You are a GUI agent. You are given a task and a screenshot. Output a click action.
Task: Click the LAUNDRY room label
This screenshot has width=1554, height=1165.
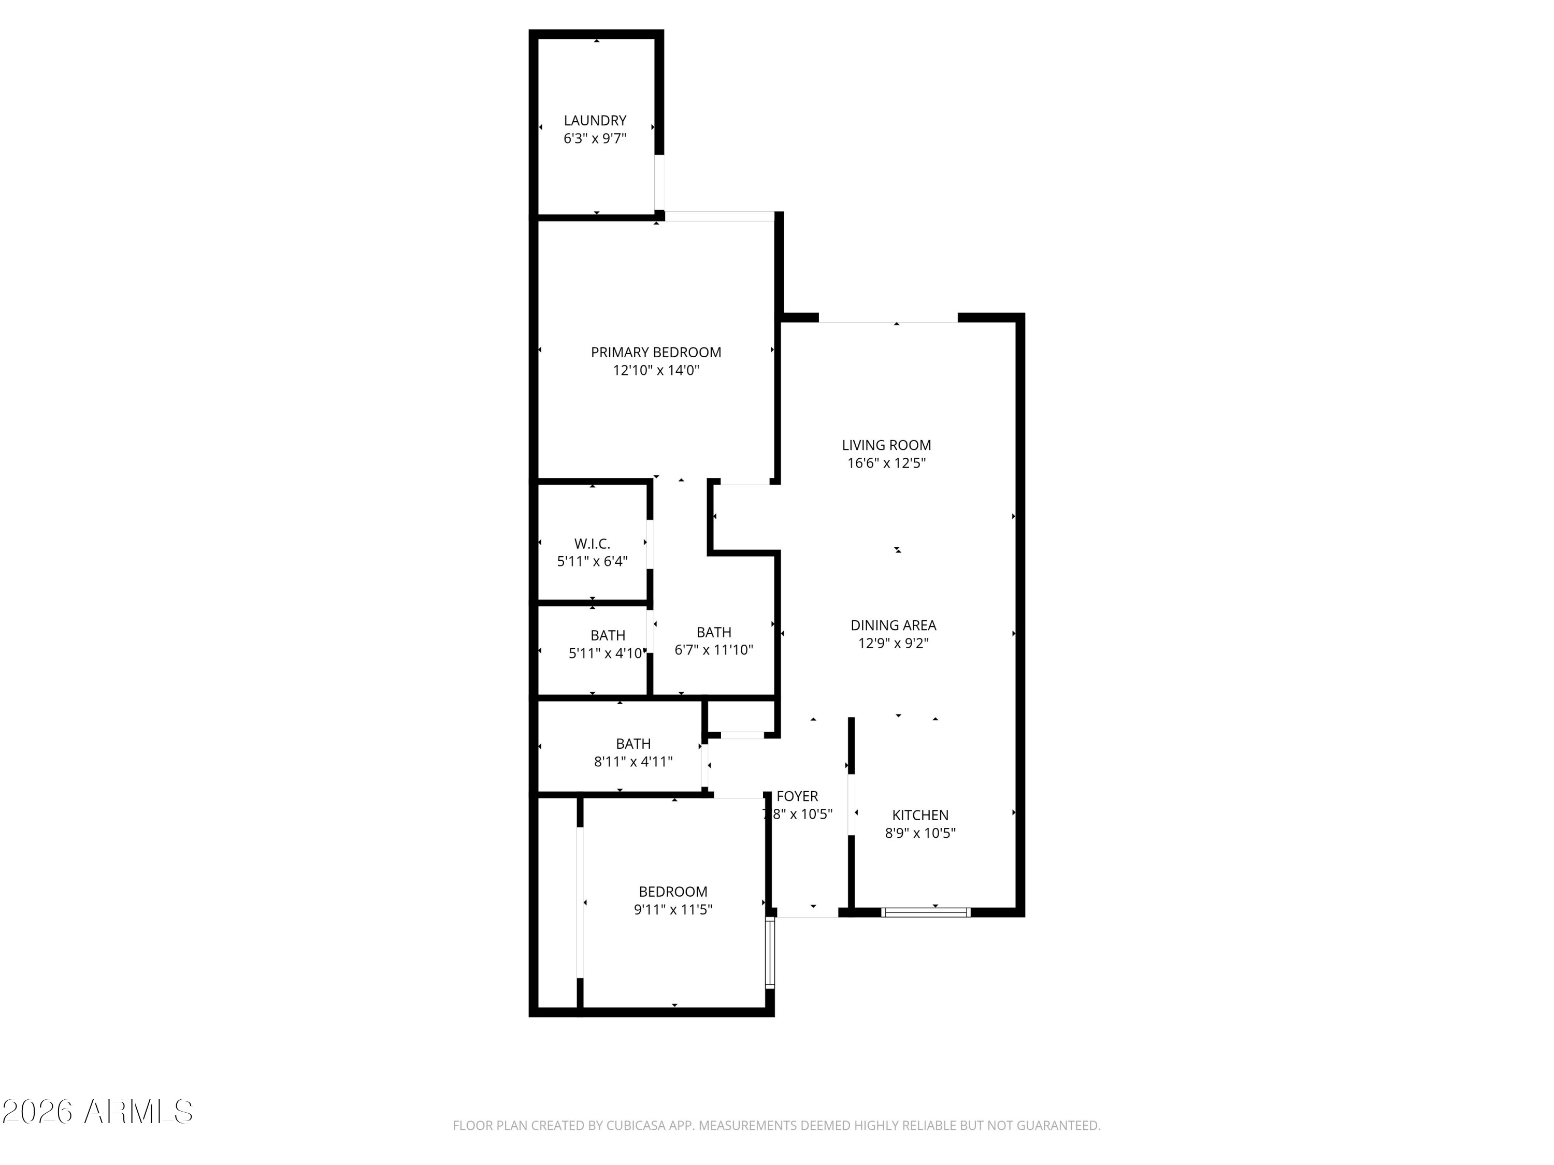595,121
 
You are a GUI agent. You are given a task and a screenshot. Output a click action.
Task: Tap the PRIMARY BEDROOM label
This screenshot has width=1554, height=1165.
656,353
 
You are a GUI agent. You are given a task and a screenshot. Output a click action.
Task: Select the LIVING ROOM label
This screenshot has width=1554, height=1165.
887,445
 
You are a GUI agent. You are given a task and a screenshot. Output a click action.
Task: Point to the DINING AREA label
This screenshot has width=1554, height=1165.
894,625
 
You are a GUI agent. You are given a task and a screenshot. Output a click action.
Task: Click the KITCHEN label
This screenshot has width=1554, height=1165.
920,815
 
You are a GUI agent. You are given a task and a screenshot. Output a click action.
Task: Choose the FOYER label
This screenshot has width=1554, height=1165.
797,796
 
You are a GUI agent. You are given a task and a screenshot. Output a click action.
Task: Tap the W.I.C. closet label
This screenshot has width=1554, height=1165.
592,544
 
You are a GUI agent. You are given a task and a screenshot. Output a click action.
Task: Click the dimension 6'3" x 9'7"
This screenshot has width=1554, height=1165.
595,138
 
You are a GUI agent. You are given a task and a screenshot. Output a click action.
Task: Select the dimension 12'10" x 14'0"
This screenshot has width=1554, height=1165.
656,370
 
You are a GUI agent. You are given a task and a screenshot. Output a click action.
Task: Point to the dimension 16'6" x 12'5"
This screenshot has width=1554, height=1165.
887,463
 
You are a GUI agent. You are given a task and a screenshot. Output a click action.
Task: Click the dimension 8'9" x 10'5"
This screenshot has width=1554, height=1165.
920,833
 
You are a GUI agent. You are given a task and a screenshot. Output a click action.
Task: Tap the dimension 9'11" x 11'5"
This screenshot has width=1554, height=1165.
673,909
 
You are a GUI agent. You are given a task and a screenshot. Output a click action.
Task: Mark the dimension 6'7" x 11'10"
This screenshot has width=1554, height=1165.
714,650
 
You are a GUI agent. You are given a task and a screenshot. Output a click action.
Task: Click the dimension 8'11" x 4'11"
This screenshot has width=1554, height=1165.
634,761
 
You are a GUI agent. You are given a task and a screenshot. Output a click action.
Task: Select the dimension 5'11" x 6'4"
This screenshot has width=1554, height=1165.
592,561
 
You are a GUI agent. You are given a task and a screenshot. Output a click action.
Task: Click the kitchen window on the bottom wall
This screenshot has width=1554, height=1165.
926,912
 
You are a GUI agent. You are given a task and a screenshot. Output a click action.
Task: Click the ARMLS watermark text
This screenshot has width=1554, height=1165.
138,1112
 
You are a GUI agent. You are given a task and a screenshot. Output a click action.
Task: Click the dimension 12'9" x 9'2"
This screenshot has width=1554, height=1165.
894,643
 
